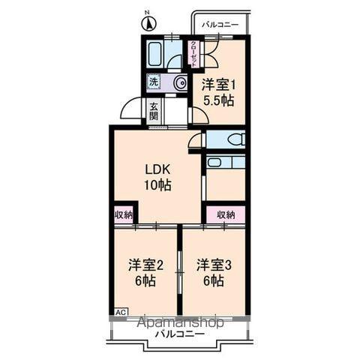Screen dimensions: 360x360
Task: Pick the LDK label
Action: (x=157, y=169)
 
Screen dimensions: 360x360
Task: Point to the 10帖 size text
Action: (x=157, y=184)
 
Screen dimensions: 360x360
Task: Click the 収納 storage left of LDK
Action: (x=124, y=214)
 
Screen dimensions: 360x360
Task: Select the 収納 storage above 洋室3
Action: (x=226, y=214)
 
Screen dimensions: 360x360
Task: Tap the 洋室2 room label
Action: (x=145, y=265)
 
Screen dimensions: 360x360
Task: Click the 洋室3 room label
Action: (x=214, y=265)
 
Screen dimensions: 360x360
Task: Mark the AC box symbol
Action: (x=120, y=310)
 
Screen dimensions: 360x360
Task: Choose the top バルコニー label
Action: (x=220, y=25)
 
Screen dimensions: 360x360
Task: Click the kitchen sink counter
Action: (x=225, y=162)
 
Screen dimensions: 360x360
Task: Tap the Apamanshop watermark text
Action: (x=180, y=322)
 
